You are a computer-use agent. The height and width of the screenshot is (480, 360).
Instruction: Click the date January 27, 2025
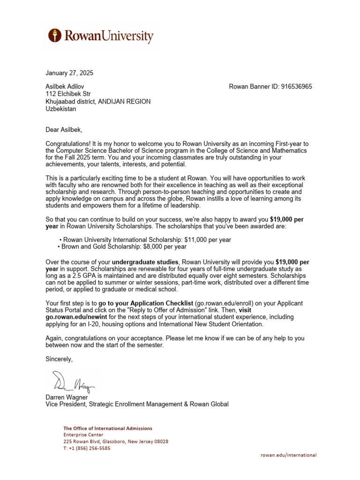click(69, 73)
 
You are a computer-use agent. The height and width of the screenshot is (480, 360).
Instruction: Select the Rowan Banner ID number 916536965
click(296, 86)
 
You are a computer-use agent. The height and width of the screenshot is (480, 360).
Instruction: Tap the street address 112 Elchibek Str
click(69, 94)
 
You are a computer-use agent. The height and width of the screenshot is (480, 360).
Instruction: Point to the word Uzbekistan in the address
click(60, 109)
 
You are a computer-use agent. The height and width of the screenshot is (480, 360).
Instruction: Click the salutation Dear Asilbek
click(67, 130)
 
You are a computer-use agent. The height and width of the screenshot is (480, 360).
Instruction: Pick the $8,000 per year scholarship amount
click(165, 247)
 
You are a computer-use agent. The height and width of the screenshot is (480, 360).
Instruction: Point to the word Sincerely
click(60, 359)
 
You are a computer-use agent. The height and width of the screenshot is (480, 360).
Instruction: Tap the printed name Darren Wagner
click(67, 397)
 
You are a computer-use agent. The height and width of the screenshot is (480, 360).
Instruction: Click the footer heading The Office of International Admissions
click(108, 428)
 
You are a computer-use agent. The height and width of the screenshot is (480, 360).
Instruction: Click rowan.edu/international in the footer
click(288, 455)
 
